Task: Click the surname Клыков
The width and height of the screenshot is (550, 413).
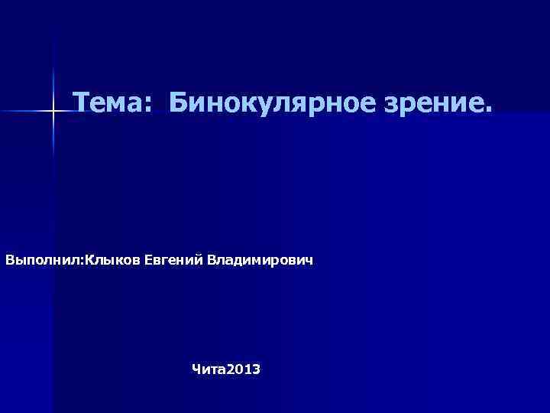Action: [x=112, y=262]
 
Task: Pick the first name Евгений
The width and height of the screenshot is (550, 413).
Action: [x=173, y=262]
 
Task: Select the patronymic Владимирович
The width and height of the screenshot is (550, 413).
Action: [x=260, y=262]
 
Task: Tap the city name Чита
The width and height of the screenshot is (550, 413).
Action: [x=205, y=369]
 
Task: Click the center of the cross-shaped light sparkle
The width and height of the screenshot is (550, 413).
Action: [x=53, y=112]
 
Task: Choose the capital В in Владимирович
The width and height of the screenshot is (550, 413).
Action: [x=211, y=262]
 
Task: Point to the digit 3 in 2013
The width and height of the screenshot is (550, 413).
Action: [x=256, y=369]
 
